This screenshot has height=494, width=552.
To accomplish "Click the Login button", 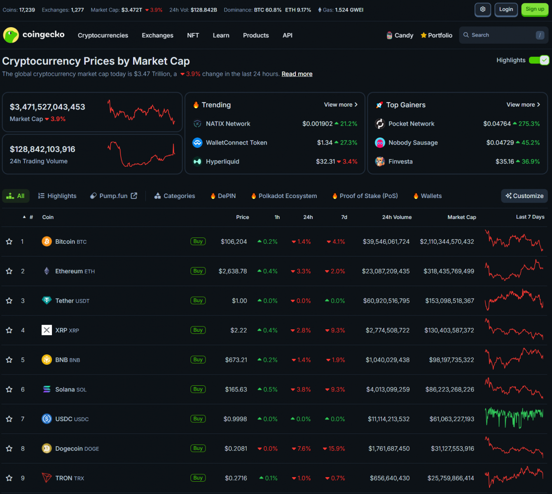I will [x=506, y=9].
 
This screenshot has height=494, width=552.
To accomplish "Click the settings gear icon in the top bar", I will [x=483, y=9].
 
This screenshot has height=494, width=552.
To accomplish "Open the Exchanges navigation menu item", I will [x=157, y=35].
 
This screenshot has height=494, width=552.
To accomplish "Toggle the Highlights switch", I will [x=539, y=60].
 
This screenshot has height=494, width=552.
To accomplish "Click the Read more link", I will [x=297, y=74].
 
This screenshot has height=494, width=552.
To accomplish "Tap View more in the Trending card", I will [x=341, y=105].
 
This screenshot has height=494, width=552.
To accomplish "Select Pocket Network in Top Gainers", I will [x=411, y=123].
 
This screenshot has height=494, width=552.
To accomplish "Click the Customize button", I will [x=525, y=196].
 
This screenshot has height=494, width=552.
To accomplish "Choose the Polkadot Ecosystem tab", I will [x=288, y=196].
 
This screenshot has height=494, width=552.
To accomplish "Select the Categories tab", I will [x=179, y=196].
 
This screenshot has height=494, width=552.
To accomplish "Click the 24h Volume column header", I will [x=397, y=217].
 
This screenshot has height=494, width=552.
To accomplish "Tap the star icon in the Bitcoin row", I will [x=9, y=242].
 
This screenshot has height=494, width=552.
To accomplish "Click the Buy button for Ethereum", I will [x=198, y=271].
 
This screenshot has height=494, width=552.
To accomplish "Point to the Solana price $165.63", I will [x=236, y=389].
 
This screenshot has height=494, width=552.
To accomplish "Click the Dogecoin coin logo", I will [x=47, y=448].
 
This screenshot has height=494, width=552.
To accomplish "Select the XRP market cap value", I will [x=449, y=330].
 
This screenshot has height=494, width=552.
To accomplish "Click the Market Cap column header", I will [x=462, y=217].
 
